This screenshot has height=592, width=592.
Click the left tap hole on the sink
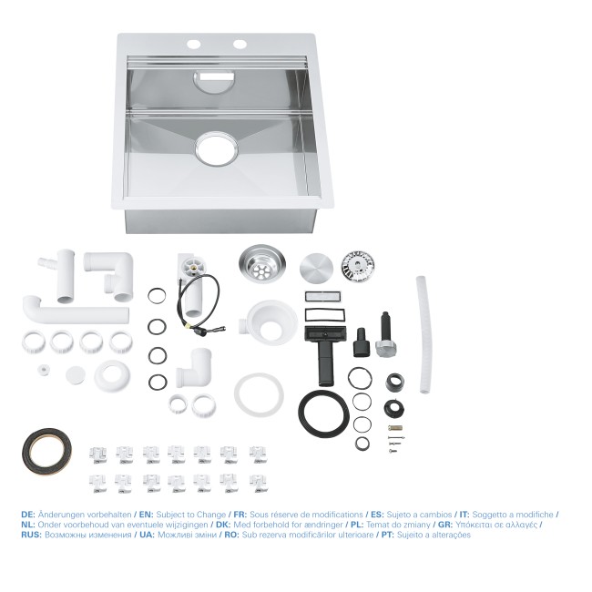194,44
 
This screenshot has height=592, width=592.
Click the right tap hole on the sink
240,44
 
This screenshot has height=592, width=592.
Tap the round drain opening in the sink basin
216,148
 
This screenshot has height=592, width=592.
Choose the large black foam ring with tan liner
46,449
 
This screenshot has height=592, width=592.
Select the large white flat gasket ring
258,393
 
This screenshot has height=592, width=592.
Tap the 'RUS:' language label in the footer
31,535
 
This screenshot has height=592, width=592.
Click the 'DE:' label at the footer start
28,515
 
